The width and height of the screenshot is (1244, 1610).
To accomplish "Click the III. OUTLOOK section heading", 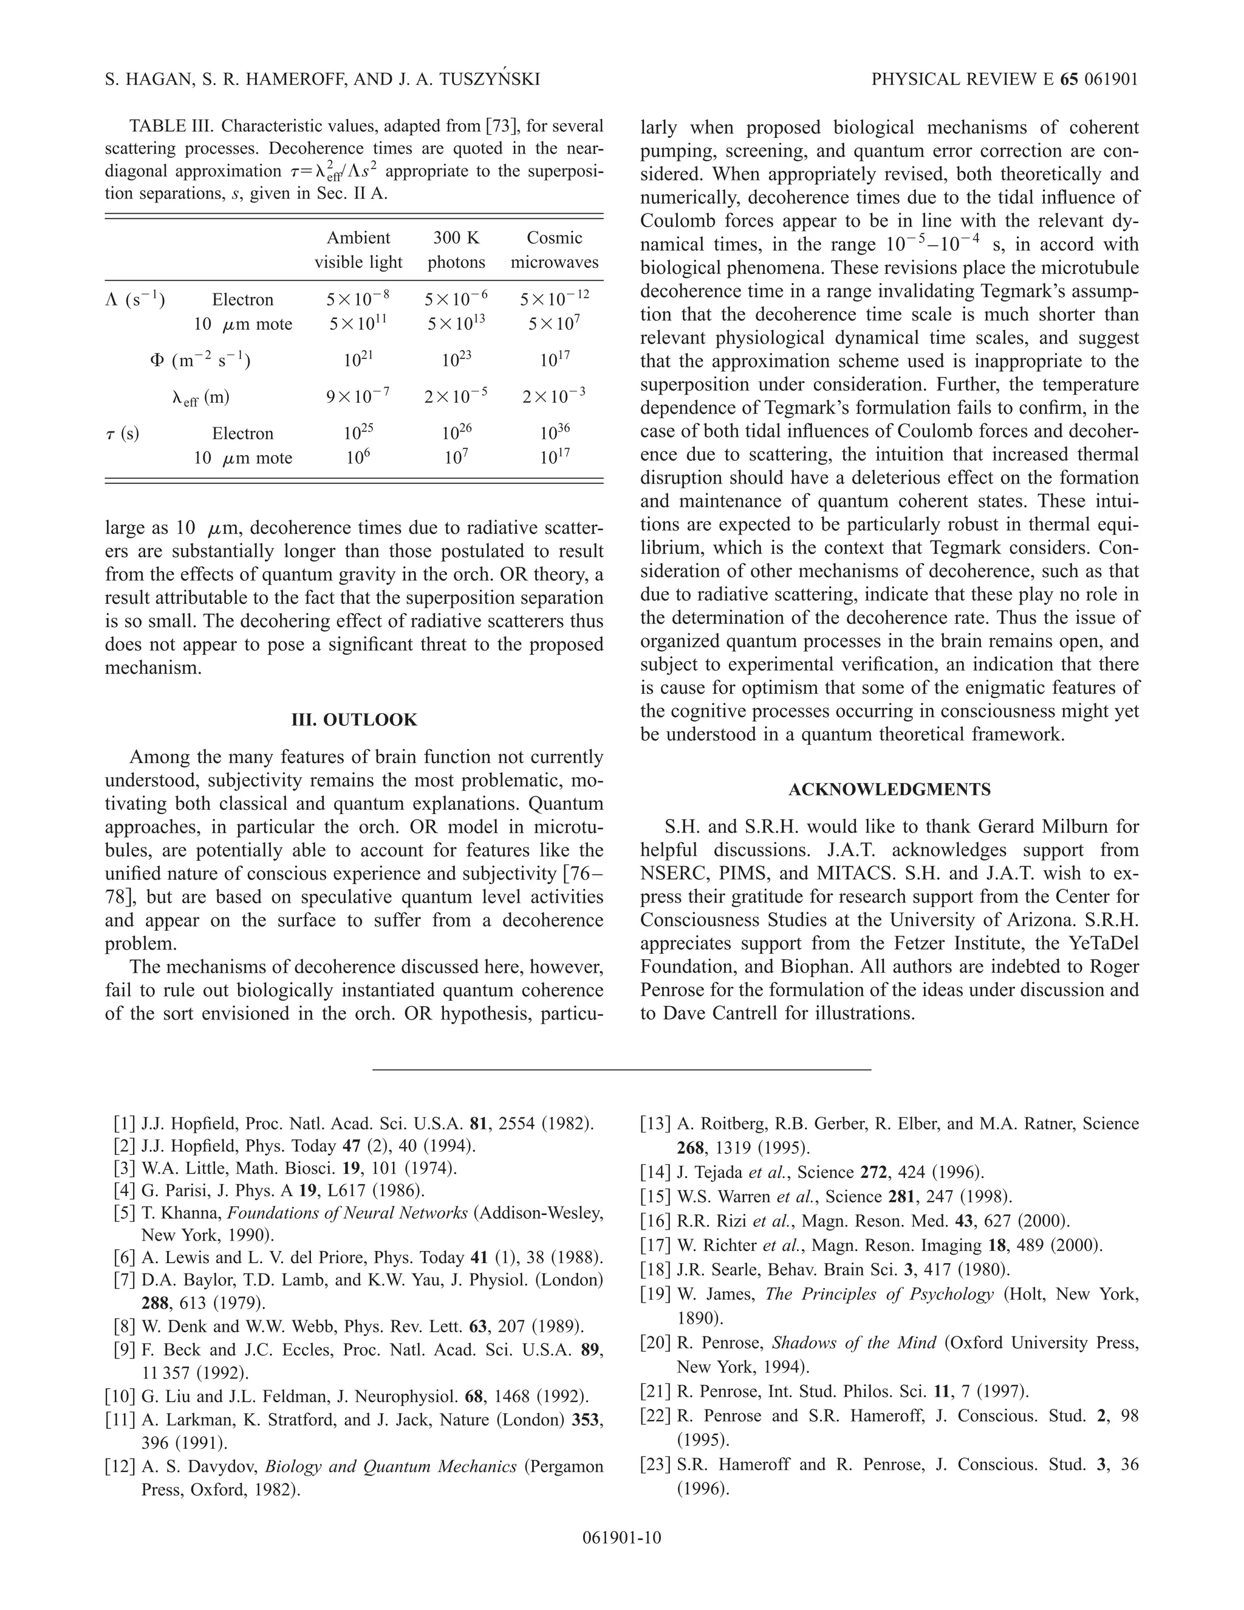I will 355,719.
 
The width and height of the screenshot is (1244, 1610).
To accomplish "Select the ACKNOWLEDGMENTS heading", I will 889,790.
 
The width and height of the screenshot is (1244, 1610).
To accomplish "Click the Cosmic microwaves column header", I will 554,250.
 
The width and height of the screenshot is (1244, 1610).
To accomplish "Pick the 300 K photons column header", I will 456,250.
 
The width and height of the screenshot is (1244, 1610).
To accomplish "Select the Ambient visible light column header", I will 358,250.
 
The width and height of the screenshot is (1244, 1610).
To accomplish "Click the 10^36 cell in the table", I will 554,432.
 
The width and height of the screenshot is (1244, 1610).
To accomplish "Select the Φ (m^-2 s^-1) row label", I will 200,360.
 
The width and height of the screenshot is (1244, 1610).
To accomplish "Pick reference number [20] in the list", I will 655,1343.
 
